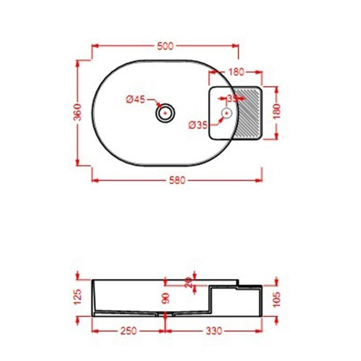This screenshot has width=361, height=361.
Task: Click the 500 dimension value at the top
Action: (x=165, y=46)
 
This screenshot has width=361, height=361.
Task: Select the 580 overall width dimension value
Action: (x=177, y=180)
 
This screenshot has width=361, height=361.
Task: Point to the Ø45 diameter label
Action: (x=136, y=100)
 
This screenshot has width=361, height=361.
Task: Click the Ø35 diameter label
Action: (x=198, y=124)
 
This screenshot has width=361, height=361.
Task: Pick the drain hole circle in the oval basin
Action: (x=166, y=112)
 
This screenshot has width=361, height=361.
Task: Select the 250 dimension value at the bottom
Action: (x=128, y=331)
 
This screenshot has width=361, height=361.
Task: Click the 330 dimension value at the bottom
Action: (x=214, y=331)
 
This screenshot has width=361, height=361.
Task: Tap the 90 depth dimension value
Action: (x=166, y=298)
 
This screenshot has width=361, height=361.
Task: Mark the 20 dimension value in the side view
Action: (x=188, y=282)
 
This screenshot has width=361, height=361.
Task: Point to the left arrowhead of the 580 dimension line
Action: (x=94, y=180)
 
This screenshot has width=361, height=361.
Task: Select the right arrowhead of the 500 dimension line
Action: (x=237, y=46)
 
